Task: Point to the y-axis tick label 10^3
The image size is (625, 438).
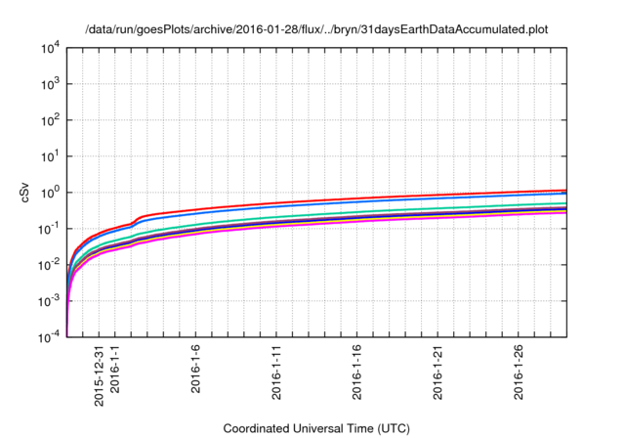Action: coord(51,84)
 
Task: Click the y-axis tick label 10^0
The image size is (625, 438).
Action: coord(51,193)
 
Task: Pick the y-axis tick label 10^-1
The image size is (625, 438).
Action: coord(50,229)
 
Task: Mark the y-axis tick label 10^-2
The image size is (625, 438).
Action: coord(50,265)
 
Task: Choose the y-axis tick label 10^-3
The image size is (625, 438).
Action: coord(50,301)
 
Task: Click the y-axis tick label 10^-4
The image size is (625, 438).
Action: coord(50,337)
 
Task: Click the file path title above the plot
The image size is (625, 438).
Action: coord(316,29)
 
